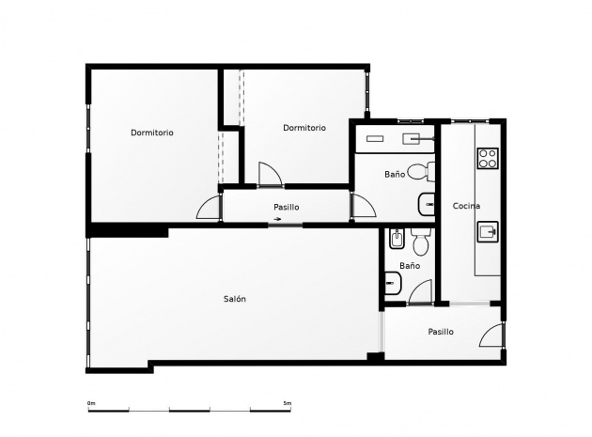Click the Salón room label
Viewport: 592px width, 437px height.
coord(235,299)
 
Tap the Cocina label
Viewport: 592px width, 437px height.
coord(466,206)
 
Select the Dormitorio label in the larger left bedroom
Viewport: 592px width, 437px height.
coord(151,133)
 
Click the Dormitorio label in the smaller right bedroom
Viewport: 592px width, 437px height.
coord(304,128)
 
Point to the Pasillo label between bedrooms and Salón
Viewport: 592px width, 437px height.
coord(287,207)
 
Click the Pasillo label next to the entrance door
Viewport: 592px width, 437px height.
coord(441,332)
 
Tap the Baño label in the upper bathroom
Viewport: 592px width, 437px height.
coord(395,175)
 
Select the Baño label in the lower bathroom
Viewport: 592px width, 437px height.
coord(410,266)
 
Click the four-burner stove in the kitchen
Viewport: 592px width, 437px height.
coord(488,159)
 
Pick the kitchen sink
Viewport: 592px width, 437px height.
coord(488,231)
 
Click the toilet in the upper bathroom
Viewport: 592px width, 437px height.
coord(428,172)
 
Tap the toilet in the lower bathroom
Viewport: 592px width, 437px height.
coord(419,243)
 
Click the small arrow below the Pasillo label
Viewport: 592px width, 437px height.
coord(277,220)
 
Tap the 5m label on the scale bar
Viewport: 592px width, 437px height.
coord(288,403)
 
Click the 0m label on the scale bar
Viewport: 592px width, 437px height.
coord(91,403)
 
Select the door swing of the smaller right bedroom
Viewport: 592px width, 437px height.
coord(269,174)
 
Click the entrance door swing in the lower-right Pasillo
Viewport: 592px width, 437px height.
coord(491,336)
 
